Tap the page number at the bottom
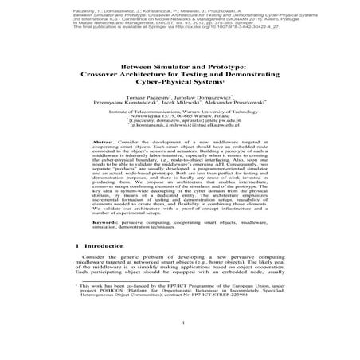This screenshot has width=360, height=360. [180, 345]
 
